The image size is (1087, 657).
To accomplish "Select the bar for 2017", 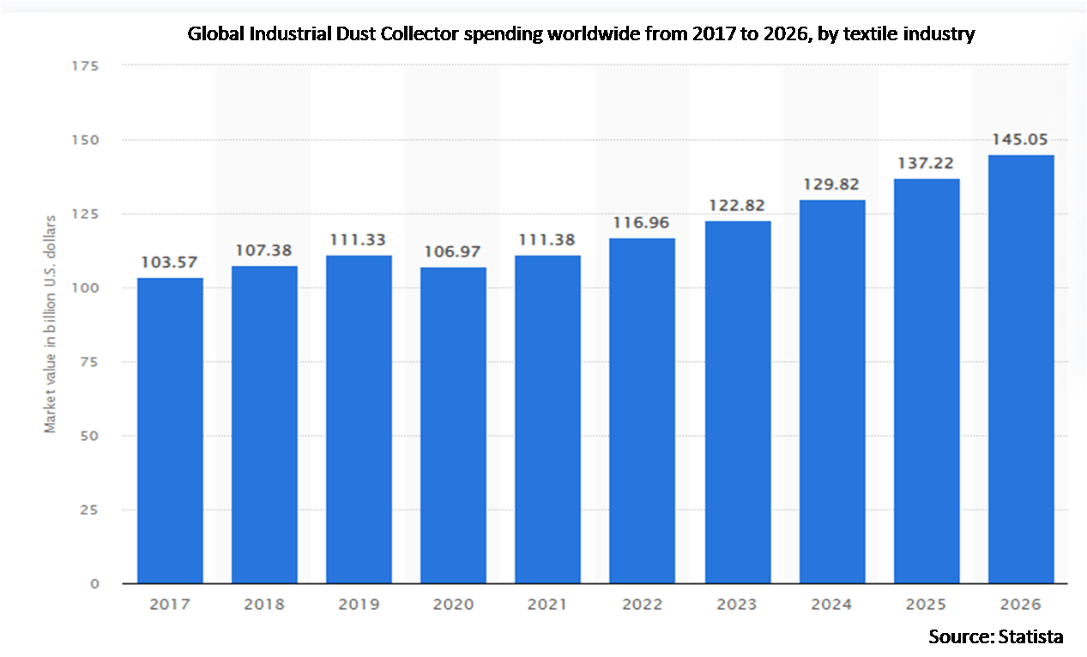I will (x=170, y=431).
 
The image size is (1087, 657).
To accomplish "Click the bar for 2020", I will (x=453, y=425).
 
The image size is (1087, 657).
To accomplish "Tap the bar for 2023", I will (x=738, y=402).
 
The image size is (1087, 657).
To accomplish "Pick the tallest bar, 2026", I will (x=1021, y=369).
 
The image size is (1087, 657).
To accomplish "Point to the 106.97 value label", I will (x=454, y=252).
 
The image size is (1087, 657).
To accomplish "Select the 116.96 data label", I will (x=643, y=223).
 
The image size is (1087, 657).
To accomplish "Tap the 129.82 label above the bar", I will (x=832, y=184).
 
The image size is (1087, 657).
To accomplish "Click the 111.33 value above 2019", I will (x=359, y=240).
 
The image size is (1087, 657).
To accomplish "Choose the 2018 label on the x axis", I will (x=264, y=605).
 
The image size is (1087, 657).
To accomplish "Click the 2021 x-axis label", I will (x=548, y=605).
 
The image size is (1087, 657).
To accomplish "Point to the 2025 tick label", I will (x=927, y=605).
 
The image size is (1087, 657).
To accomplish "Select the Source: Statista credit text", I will (x=995, y=636).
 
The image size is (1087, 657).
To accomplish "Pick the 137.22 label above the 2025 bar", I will (x=927, y=163).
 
